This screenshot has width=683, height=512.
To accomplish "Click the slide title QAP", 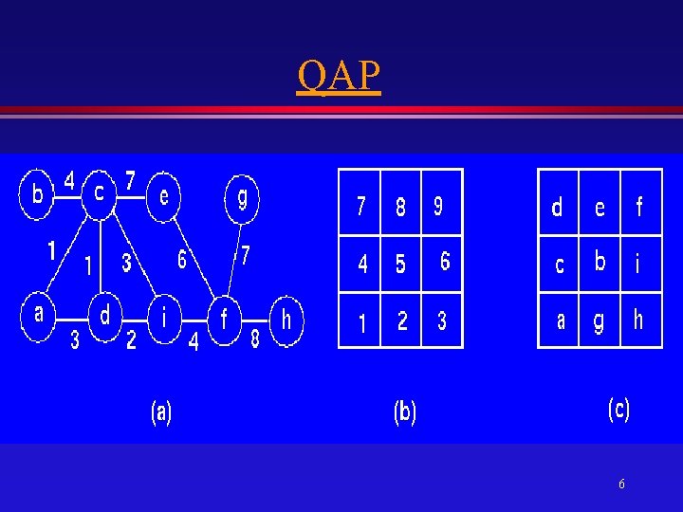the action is (x=339, y=76).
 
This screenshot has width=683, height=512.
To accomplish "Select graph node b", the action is (x=36, y=195).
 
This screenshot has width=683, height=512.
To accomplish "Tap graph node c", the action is (x=99, y=192).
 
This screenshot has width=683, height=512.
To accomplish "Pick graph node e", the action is (x=163, y=196).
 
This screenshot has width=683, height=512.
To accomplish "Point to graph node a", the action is (x=39, y=314).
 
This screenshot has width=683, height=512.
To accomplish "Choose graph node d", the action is (x=104, y=313).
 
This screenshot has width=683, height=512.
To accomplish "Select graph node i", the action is (x=165, y=316).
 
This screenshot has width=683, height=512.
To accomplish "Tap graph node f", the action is (x=225, y=320).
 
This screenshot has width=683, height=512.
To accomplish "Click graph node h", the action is (x=286, y=320).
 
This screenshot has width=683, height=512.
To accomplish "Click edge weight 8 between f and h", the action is (x=254, y=339).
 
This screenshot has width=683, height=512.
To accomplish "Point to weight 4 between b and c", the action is (x=69, y=178).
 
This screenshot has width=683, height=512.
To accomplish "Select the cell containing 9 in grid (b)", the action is (x=441, y=205).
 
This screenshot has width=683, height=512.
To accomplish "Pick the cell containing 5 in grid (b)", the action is (x=400, y=264).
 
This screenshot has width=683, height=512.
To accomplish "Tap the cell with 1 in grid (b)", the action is (x=360, y=322).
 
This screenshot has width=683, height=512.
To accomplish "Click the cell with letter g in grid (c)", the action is (x=599, y=321).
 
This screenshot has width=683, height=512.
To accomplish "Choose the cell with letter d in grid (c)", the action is (x=558, y=206).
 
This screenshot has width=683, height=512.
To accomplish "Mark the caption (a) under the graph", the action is (x=161, y=411).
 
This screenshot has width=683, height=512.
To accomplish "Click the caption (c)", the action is (x=618, y=409).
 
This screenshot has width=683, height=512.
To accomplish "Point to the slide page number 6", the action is (x=621, y=485).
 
